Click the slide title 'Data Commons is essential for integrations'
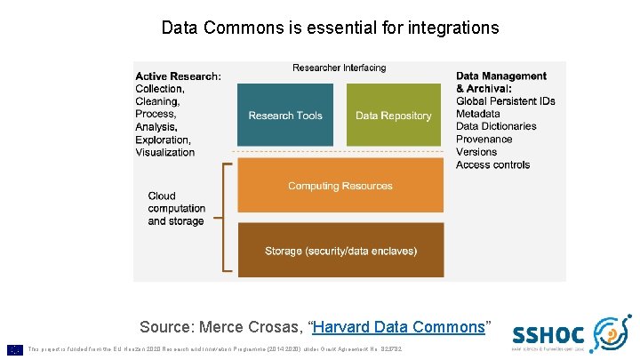click(330, 28)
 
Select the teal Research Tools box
click(285, 115)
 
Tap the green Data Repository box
click(393, 115)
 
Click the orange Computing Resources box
click(340, 186)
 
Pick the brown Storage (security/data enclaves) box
click(340, 251)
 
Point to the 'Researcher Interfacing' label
click(340, 68)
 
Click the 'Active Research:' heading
click(178, 76)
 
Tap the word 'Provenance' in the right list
click(484, 140)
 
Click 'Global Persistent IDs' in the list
click(505, 101)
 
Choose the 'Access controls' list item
click(492, 164)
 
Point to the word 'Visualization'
click(164, 152)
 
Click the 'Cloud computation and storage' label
click(176, 208)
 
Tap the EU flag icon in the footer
click(14, 349)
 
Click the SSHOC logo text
click(548, 335)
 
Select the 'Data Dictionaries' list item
click(496, 126)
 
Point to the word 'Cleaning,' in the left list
click(157, 101)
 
